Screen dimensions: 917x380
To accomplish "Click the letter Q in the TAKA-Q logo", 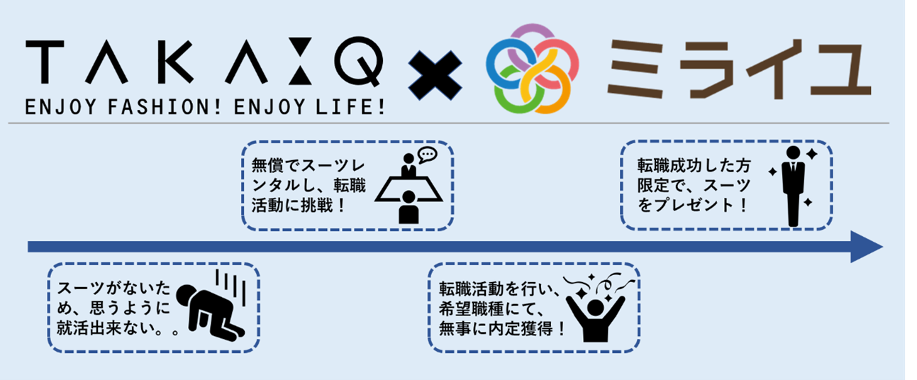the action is click(361, 63).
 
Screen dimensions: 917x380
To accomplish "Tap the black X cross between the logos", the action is click(435, 68).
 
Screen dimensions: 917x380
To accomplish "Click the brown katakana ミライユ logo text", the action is click(738, 67).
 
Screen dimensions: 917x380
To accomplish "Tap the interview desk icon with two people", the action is click(408, 186).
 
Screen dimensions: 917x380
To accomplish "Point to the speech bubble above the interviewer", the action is click(427, 154).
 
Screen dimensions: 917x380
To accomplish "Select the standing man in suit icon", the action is click(793, 186).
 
